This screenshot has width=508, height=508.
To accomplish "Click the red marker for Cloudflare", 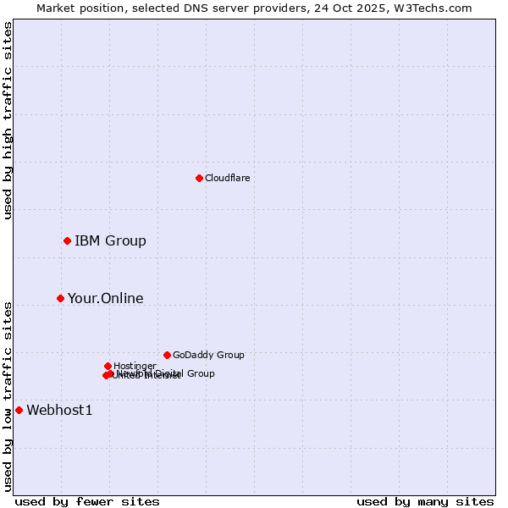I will coord(199,178).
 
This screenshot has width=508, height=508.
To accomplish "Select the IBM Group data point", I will coord(67,241).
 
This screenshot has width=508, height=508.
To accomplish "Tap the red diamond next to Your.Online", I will coord(60,298).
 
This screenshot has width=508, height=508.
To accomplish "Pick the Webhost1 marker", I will coord(19,410).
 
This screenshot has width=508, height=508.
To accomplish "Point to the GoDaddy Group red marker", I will coord(167,355).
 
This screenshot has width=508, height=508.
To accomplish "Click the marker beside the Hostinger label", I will coord(108,366).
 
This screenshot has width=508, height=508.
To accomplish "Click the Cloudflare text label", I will coord(227,178).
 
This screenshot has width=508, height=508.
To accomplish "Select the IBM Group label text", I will coord(110,241).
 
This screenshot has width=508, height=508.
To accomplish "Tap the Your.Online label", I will coord(105,298).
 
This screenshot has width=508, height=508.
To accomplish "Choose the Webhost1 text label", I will coord(59,411).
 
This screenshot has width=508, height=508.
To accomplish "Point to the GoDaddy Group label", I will coord(208,355).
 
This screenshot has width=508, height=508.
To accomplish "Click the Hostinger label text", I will coord(135,366).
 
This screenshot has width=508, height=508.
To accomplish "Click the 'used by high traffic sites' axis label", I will coord(8,121).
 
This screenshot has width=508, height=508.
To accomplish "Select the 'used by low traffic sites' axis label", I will coord(8,395).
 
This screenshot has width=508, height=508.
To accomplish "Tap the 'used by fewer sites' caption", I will coord(87,501).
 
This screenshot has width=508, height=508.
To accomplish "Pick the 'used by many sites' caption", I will coord(425,501).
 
